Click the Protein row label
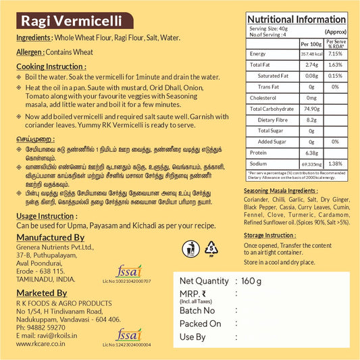coord(260,153)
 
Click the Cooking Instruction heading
coord(51,67)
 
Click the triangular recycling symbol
coord(211,248)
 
